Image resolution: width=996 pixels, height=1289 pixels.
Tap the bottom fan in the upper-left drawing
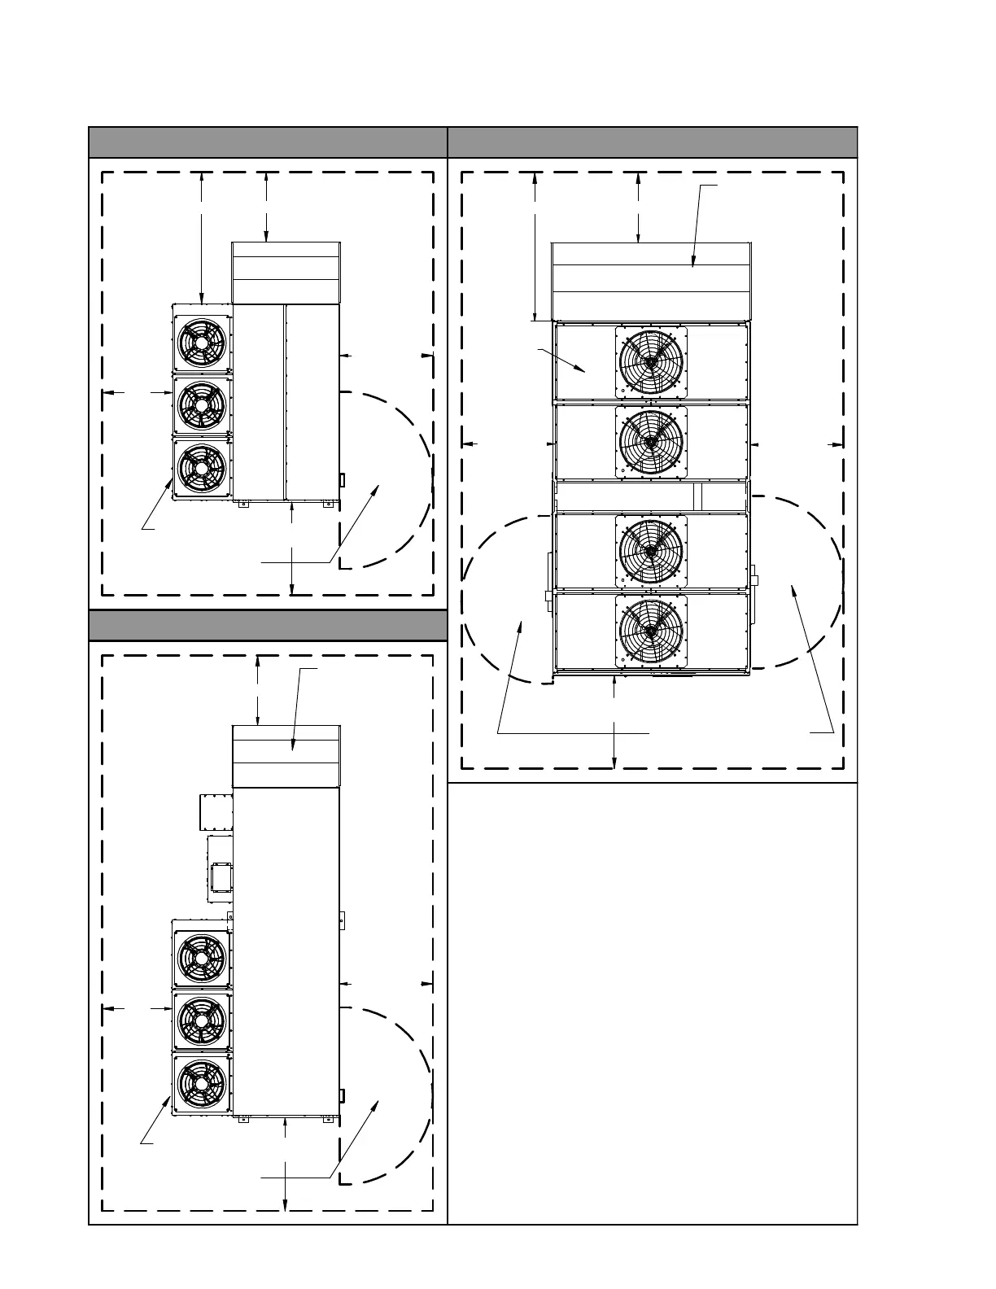click(201, 468)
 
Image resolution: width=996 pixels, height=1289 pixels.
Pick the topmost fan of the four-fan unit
click(650, 360)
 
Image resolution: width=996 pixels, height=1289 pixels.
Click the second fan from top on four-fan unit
click(650, 441)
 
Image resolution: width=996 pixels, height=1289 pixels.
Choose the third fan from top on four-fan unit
click(650, 550)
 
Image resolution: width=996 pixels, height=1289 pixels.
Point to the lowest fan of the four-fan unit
click(650, 631)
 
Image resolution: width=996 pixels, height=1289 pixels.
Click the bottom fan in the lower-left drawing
click(201, 1083)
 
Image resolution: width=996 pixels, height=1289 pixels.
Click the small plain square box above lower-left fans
click(216, 812)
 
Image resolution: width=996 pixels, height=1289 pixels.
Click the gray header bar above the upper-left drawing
click(268, 142)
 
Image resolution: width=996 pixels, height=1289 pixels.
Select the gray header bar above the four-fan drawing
click(653, 142)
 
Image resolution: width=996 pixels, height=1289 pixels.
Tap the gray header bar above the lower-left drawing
click(268, 626)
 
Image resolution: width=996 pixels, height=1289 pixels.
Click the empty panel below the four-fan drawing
click(653, 1001)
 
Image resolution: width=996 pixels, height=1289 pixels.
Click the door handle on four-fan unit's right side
click(754, 580)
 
